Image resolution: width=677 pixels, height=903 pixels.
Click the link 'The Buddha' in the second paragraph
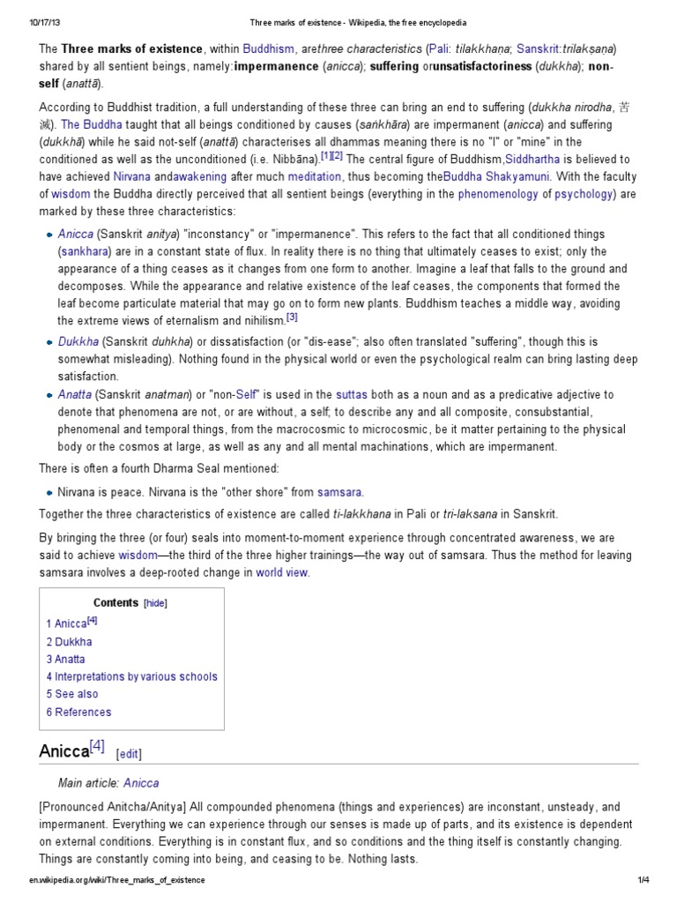pos(82,125)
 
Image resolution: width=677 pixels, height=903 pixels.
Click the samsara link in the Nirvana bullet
pos(339,492)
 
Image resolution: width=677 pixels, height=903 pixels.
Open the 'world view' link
pos(282,572)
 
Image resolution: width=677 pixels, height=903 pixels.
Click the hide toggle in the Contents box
pos(155,603)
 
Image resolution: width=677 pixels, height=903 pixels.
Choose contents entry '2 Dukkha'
pos(69,641)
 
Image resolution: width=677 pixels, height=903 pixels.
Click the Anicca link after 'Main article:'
pos(141,782)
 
